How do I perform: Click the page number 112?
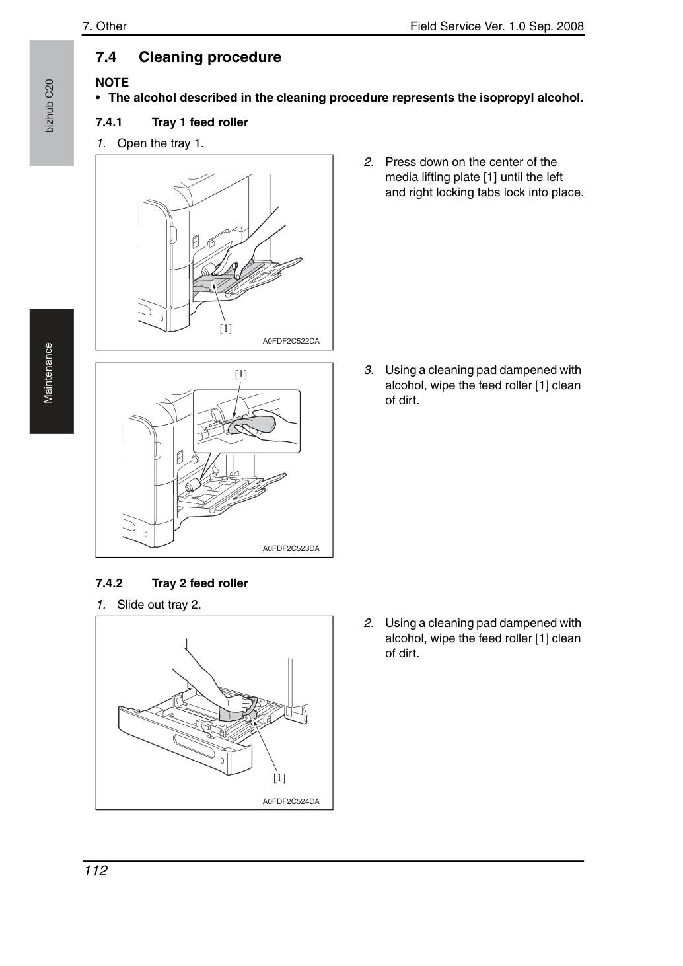[x=96, y=871]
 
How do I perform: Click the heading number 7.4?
[x=106, y=57]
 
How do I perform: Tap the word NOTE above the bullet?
[x=112, y=83]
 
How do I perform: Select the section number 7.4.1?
[x=108, y=122]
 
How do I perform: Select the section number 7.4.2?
[x=109, y=583]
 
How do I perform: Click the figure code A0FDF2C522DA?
[x=291, y=341]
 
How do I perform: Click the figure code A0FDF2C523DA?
[x=291, y=548]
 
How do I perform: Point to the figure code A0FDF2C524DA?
[x=291, y=801]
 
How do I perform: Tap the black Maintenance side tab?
[x=52, y=371]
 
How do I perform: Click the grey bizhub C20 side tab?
[x=52, y=103]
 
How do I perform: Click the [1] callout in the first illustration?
[x=225, y=328]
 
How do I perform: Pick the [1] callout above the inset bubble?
[x=241, y=374]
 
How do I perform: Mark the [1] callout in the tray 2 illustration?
[x=279, y=778]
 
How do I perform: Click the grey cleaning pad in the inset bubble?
[x=252, y=424]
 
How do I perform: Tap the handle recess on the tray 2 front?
[x=194, y=746]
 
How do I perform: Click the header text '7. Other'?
[x=104, y=26]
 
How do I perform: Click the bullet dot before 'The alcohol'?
[x=98, y=98]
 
